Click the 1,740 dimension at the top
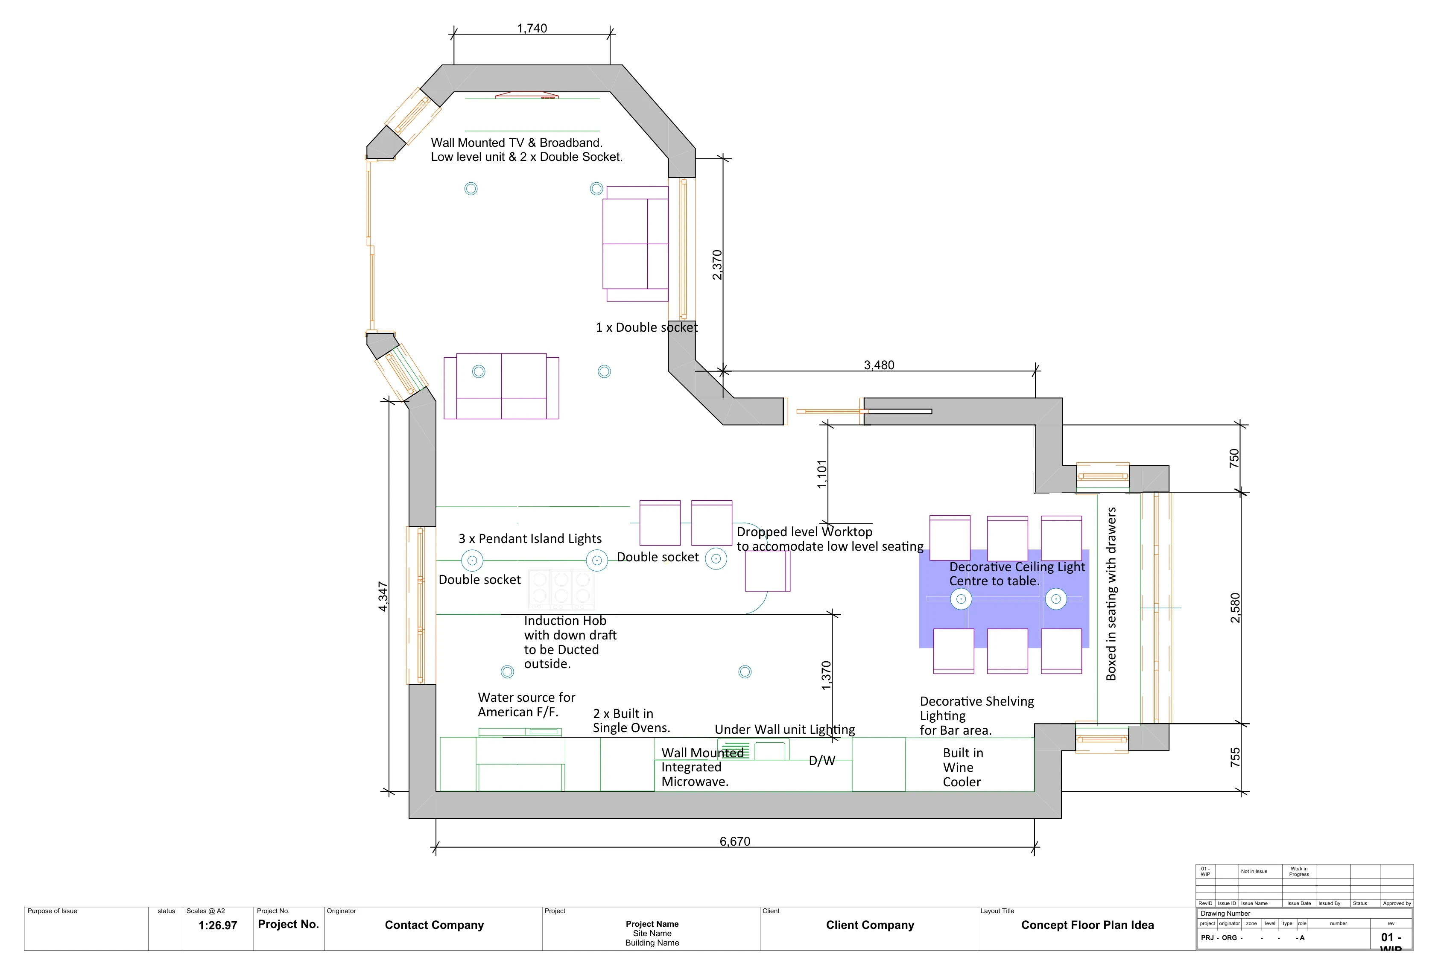coord(532,29)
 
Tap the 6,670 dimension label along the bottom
coord(734,841)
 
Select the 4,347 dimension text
coord(383,596)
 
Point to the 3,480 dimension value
coord(879,365)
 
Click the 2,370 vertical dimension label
coord(716,265)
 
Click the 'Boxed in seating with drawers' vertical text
coord(1111,594)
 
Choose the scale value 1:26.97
coord(217,925)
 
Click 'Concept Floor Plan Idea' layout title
coord(1087,925)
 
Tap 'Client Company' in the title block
coord(869,925)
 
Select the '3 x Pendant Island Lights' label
coord(530,538)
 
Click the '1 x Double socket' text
coord(646,327)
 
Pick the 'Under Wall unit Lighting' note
coord(785,730)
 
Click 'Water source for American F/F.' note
coord(526,705)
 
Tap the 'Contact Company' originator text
coord(434,925)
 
